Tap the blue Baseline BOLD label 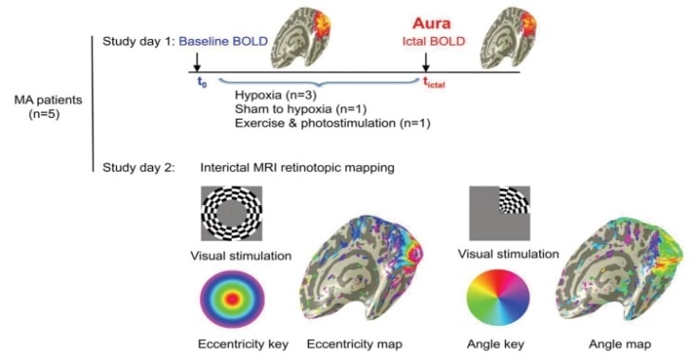[224, 41]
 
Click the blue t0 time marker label [201, 83]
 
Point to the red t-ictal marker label [435, 84]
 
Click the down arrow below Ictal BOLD [425, 62]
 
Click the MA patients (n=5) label [44, 104]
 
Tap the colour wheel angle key [498, 299]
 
